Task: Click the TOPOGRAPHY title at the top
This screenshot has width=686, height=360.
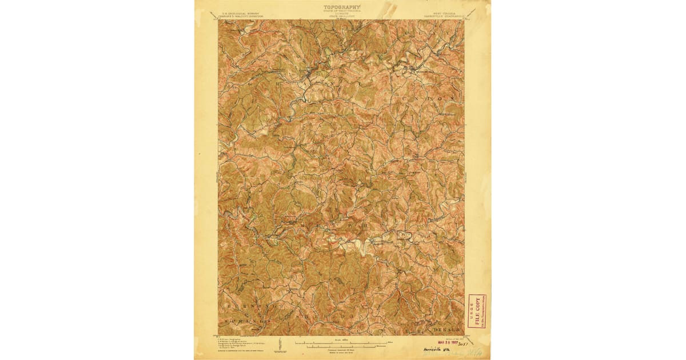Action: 342,7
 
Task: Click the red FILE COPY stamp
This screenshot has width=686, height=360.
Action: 477,312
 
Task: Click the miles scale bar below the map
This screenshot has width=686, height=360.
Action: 342,343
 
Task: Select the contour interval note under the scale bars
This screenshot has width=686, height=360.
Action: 342,350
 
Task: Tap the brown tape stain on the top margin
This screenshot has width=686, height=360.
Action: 390,9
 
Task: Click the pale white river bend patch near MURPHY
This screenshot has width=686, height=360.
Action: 361,245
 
